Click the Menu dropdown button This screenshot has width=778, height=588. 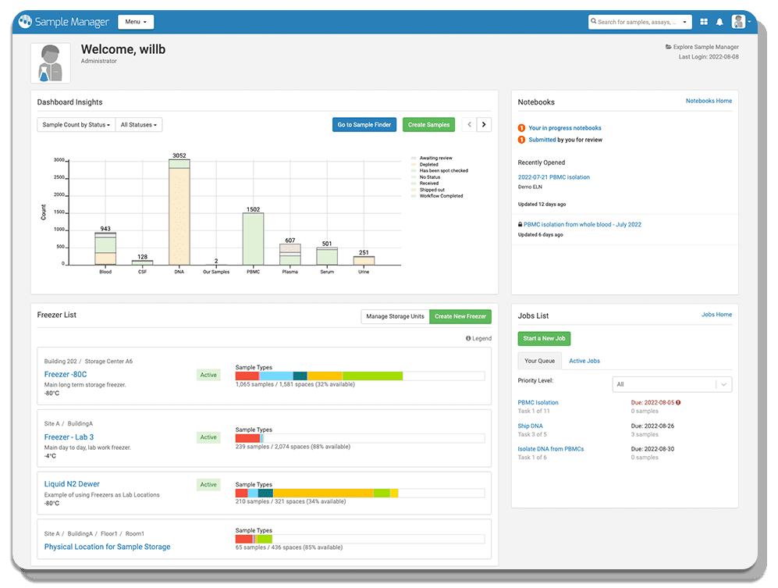coord(136,22)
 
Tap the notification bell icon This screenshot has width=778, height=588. coord(719,22)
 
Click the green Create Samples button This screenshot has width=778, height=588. coord(428,124)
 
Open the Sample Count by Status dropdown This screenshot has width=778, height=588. coord(76,124)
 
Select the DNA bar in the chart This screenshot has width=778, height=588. coord(179,215)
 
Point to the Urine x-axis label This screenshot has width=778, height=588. coord(364,272)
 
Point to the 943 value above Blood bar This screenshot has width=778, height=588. coord(105,229)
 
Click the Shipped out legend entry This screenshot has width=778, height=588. coord(432,190)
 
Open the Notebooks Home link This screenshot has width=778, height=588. coord(709,101)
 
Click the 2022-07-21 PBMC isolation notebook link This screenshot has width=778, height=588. coord(553,177)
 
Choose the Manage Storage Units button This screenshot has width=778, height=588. coord(395,316)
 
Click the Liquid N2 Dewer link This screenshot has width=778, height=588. coord(72,484)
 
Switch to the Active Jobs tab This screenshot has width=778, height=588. coord(584,361)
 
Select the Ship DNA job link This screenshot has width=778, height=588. coord(530,426)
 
